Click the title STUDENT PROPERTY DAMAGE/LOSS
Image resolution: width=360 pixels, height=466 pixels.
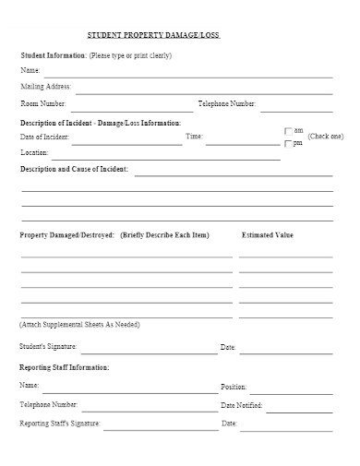(154, 34)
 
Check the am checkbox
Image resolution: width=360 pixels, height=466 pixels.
(288, 131)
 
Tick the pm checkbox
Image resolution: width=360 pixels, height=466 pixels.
(288, 144)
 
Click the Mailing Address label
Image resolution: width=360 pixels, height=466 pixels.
(45, 87)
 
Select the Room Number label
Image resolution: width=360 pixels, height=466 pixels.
(43, 104)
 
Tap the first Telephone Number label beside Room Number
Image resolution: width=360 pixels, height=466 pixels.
(227, 104)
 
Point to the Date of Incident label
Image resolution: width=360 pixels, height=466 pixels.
(44, 137)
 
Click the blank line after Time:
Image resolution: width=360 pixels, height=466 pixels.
(242, 142)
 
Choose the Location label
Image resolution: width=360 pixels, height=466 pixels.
(33, 151)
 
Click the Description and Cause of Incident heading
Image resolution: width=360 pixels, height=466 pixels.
(75, 170)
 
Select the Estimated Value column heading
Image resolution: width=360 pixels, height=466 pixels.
(267, 235)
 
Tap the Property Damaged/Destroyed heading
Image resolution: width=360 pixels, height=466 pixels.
(66, 235)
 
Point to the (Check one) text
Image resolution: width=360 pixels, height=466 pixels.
(326, 137)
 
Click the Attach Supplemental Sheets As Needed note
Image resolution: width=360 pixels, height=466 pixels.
(79, 326)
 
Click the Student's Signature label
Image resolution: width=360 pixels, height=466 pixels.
(48, 347)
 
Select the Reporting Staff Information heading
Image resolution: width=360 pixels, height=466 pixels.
(65, 367)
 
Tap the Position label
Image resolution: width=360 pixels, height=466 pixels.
(234, 387)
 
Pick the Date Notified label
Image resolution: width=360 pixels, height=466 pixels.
(242, 405)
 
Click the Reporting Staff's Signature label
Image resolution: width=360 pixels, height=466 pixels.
(60, 424)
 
